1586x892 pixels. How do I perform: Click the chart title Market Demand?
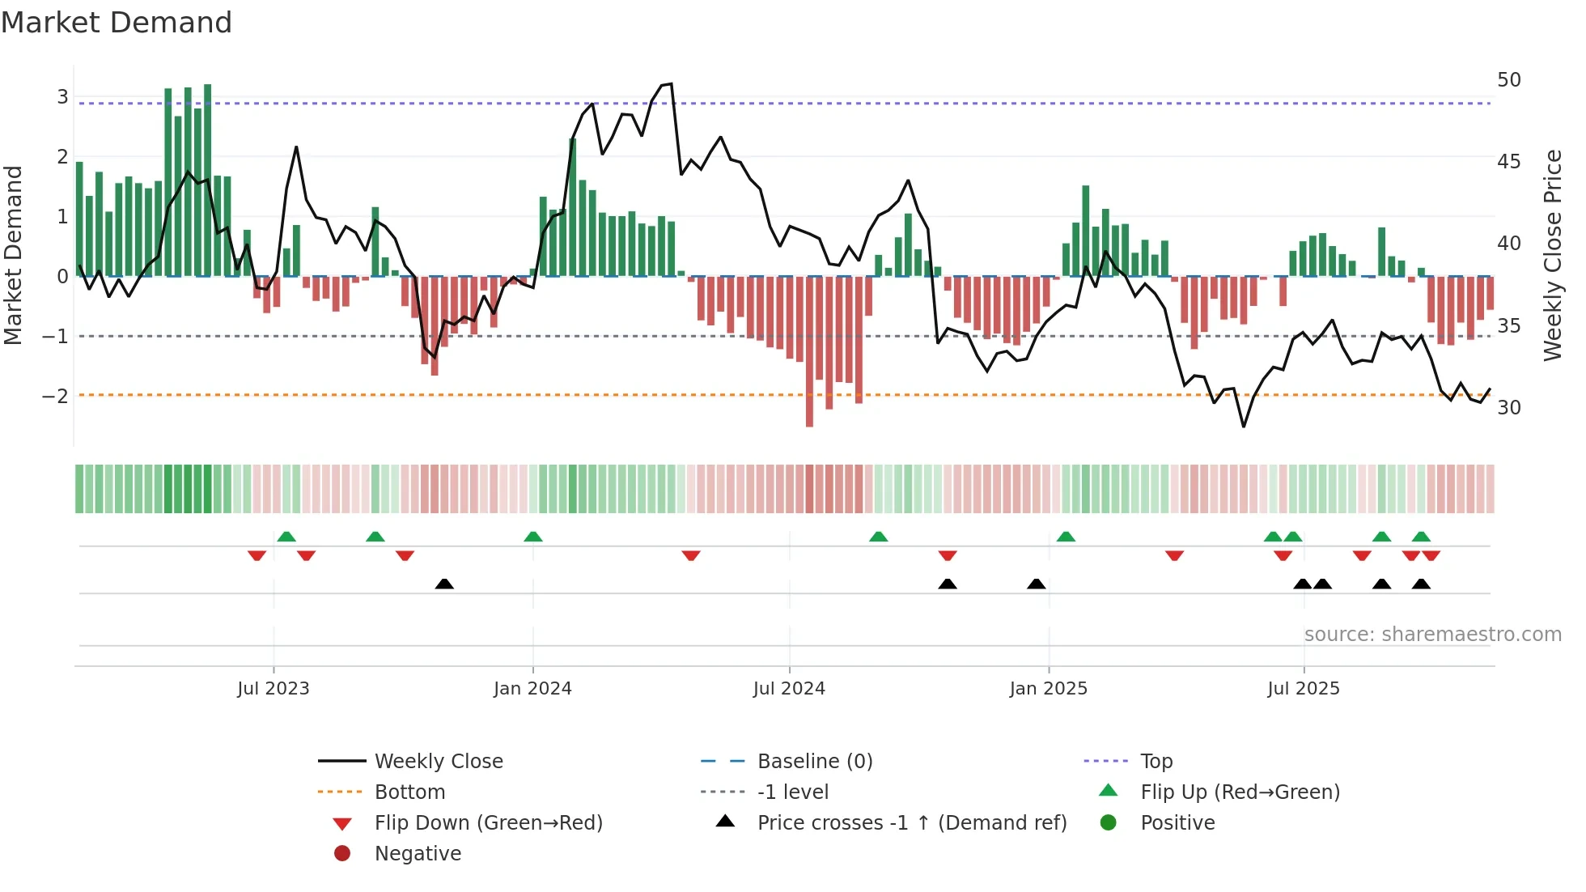[117, 23]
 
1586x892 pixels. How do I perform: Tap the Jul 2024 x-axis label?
[789, 689]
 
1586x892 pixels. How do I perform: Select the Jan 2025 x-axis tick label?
[1048, 689]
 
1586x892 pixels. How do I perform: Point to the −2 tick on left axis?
[55, 396]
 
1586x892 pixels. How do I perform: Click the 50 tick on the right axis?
[1508, 80]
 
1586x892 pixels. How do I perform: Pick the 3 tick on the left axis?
[62, 97]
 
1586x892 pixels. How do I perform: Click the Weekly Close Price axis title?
[1552, 255]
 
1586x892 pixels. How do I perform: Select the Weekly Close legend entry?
[438, 762]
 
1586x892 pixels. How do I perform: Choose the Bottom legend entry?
[409, 792]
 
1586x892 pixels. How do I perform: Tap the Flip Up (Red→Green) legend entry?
[1240, 792]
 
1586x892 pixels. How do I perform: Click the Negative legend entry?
[418, 854]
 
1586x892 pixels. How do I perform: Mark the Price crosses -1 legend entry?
[911, 823]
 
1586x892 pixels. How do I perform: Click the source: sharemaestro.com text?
[1432, 635]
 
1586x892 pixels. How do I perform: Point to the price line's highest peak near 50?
[670, 83]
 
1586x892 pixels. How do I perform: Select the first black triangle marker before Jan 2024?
[444, 584]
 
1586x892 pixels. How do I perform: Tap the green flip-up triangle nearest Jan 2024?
[532, 537]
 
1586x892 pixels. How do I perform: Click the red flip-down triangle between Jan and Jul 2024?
[690, 555]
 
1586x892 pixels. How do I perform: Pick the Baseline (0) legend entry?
[814, 762]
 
